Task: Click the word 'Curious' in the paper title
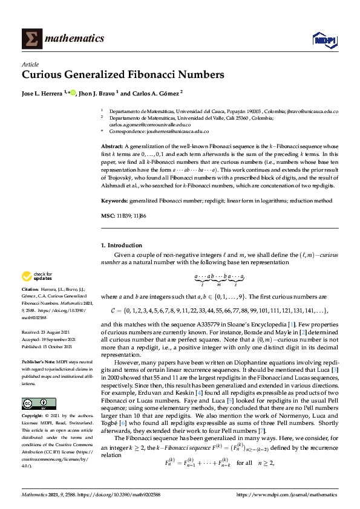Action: click(x=41, y=76)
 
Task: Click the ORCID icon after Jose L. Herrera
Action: click(x=73, y=93)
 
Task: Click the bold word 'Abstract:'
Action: click(x=112, y=147)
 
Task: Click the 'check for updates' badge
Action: click(x=36, y=276)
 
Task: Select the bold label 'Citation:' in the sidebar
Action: click(x=31, y=291)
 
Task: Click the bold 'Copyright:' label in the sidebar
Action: click(x=33, y=417)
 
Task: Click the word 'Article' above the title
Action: click(x=30, y=64)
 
